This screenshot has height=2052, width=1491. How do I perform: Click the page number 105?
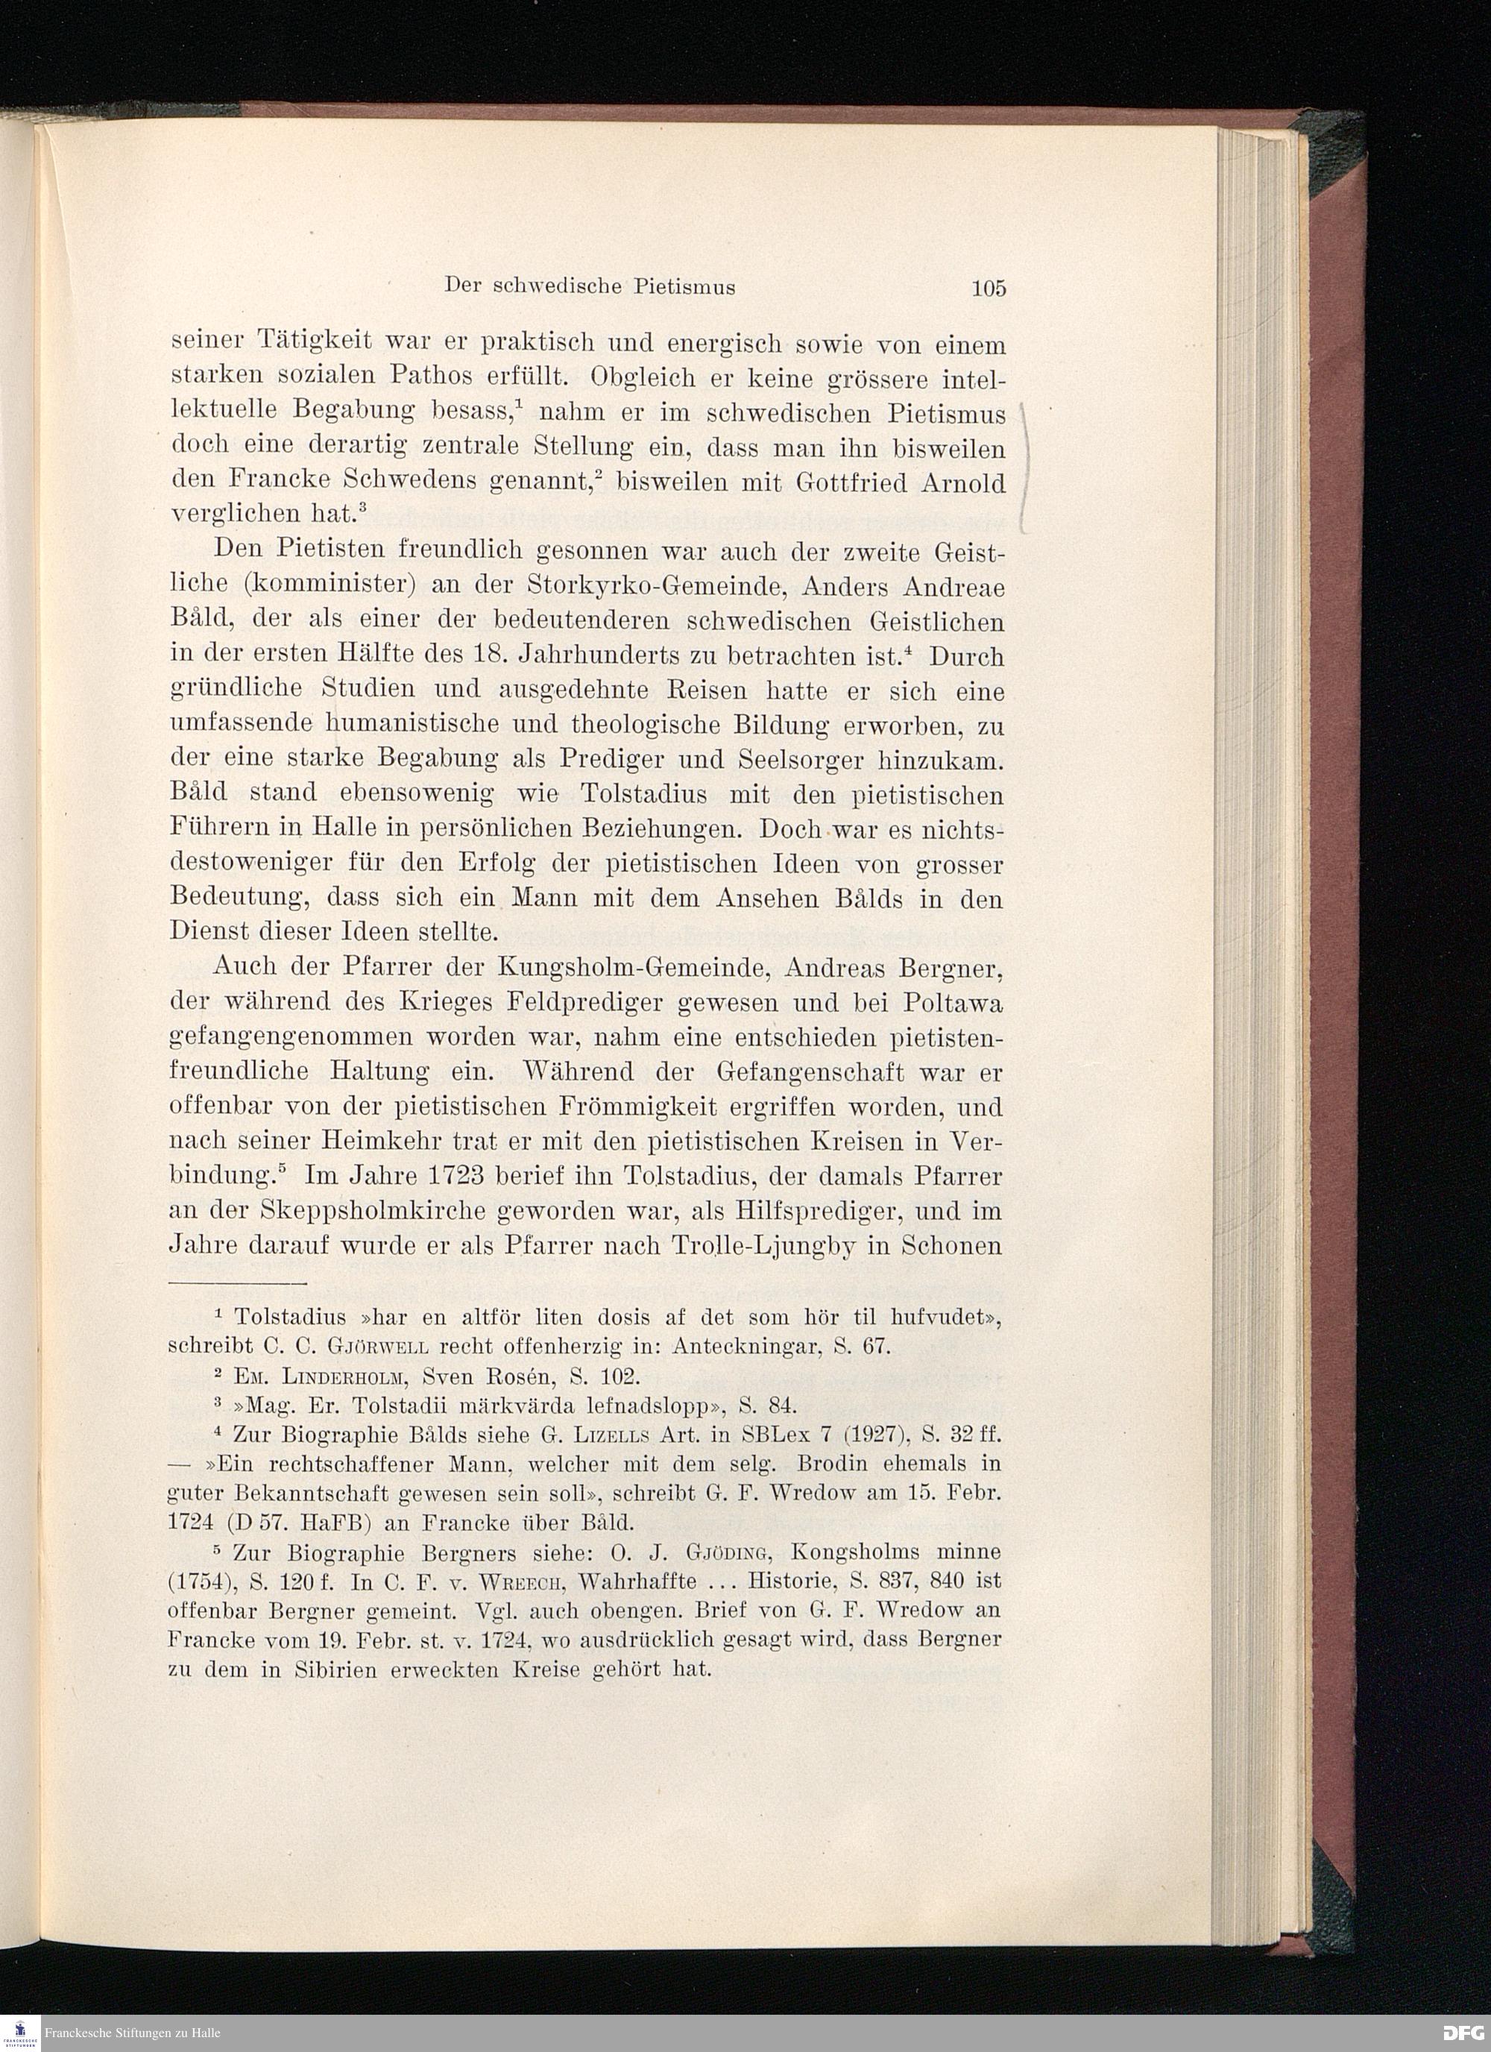(988, 289)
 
